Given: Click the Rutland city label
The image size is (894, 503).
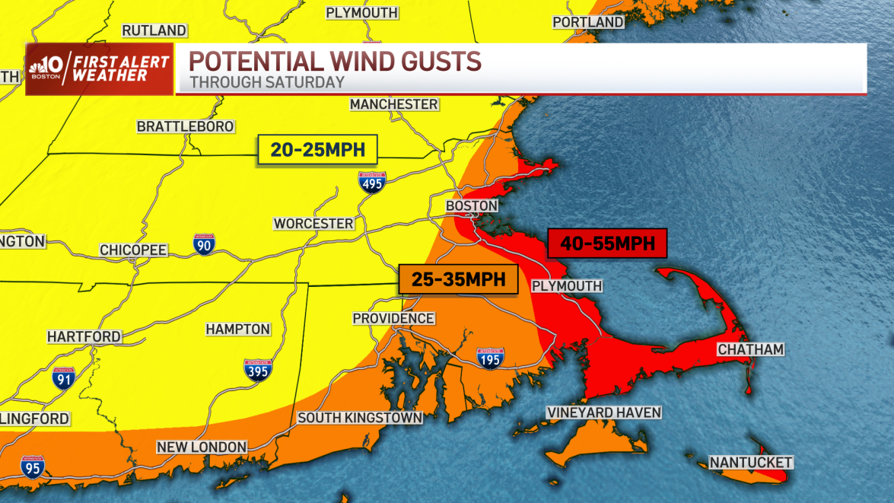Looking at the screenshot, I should coord(154,30).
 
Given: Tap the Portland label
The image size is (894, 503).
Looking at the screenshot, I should coord(588,22).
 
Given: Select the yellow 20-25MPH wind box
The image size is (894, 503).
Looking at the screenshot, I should coord(317,150).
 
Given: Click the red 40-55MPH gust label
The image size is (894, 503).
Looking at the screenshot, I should coord(606,244).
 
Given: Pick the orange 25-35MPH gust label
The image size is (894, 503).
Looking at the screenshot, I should coord(459,279).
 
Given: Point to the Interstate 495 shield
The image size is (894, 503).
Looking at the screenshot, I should coord(372,182).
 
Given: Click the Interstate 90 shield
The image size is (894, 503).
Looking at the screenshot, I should coord(204,244).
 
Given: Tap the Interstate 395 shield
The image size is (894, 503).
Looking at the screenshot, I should coord(258,369).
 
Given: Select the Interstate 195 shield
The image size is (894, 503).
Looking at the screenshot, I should coord(490,358).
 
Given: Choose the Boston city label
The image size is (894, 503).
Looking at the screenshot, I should coord(472,205).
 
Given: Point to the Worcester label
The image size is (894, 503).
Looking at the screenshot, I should coord(313,224).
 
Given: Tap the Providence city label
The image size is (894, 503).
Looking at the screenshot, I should coord(393,318).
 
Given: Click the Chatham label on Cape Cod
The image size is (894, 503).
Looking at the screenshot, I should coord(750,349).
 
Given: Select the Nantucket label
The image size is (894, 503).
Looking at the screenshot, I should coord(751,462).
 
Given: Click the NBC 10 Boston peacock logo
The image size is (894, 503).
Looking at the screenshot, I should coord(39,69).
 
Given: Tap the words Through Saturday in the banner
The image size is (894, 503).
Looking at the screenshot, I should coord(267,82).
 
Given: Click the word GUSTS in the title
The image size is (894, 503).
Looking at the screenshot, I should coord(434,61).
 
